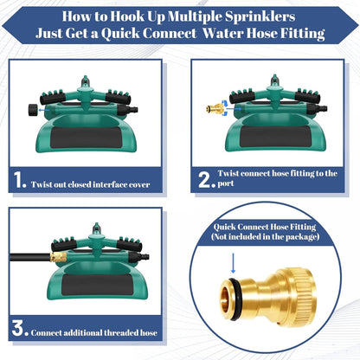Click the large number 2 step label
[x=205, y=182]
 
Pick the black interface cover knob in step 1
[x=28, y=111]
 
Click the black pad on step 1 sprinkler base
[x=91, y=139]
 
